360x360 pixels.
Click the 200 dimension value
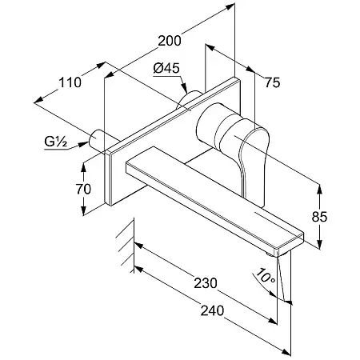pos(170,41)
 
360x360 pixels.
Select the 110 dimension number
pos(70,82)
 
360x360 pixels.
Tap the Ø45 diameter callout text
pos(166,68)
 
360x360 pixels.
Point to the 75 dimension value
pos(272,82)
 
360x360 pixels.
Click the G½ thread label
pos(55,142)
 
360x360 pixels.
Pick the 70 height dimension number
pos(83,189)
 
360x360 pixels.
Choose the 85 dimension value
pos(319,217)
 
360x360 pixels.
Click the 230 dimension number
pos(206,283)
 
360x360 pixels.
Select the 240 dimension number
pos(212,310)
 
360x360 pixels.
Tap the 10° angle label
pos(266,275)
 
